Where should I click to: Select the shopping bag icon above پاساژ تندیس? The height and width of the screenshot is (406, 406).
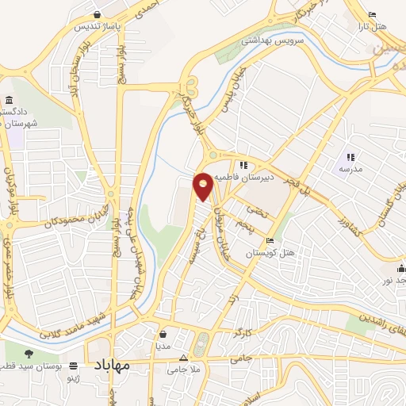tap(97, 14)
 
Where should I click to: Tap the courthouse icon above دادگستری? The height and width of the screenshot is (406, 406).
tap(9, 100)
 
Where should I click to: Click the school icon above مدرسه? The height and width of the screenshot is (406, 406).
tap(350, 156)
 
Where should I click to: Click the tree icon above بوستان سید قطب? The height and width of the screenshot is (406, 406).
tap(29, 354)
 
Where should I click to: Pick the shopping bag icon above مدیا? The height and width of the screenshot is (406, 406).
tap(162, 335)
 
